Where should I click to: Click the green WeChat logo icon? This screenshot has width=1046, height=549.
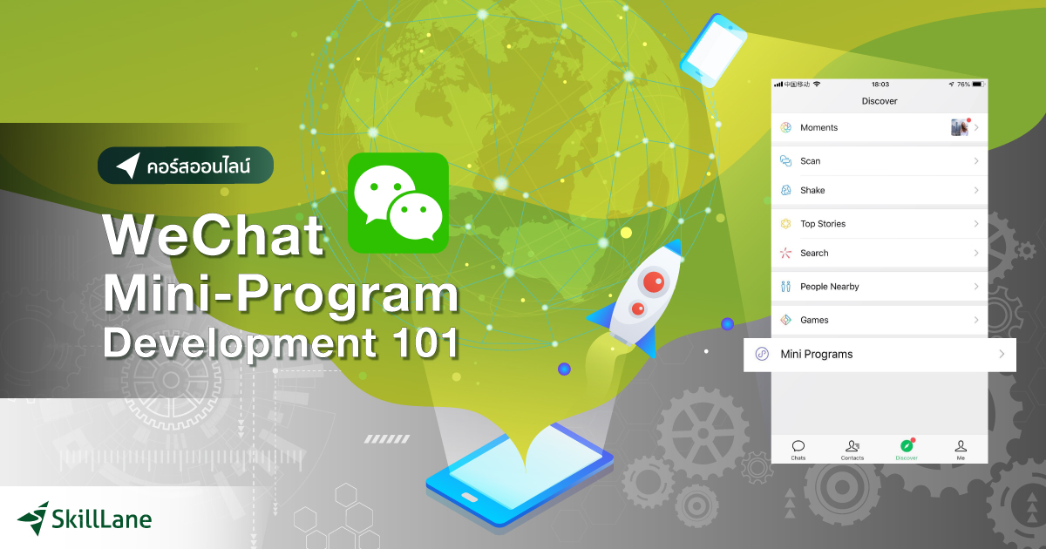[x=397, y=203]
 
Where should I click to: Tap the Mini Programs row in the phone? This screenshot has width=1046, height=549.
[x=879, y=355]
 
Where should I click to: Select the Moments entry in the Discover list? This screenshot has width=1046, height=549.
[x=879, y=127]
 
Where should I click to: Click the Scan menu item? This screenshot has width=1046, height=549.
[x=879, y=161]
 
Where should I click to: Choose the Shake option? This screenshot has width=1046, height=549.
[x=879, y=190]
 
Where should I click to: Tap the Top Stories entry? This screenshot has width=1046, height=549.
[x=879, y=224]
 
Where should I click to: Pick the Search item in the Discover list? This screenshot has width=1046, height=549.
[x=879, y=253]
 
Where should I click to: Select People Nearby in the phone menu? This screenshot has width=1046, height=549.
[x=879, y=287]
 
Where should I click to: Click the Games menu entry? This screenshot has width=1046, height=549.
[x=879, y=320]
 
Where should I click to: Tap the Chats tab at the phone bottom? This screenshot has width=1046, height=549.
[x=798, y=450]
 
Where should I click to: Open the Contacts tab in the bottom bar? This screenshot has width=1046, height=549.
[x=852, y=450]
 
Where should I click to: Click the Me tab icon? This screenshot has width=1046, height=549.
[x=961, y=450]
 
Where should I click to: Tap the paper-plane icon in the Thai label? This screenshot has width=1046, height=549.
[x=129, y=166]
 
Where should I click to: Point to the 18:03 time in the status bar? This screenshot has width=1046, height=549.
[x=880, y=85]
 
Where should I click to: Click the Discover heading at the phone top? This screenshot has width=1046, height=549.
[x=880, y=101]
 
